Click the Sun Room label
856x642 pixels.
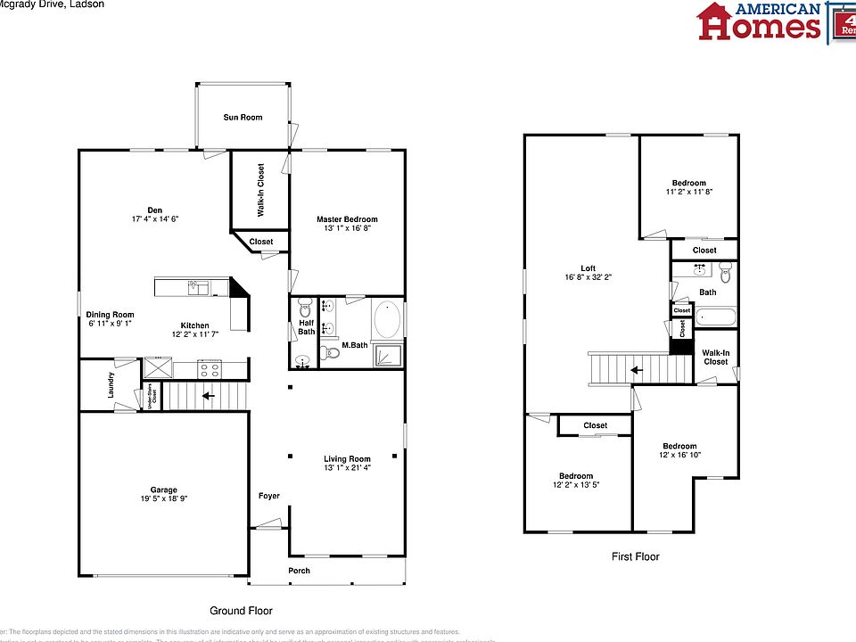point(243,117)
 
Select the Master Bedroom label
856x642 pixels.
point(347,219)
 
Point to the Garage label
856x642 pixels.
point(163,490)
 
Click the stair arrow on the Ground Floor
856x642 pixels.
point(207,395)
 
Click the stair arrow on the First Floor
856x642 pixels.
point(636,370)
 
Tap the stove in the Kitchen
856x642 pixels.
point(210,367)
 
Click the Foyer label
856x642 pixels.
point(269,496)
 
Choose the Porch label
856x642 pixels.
point(299,571)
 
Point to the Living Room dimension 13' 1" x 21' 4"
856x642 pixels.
point(347,468)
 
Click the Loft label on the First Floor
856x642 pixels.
point(588,267)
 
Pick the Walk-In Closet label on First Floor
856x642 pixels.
point(715,357)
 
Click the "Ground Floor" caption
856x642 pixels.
point(241,611)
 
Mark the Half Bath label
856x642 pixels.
point(306,327)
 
